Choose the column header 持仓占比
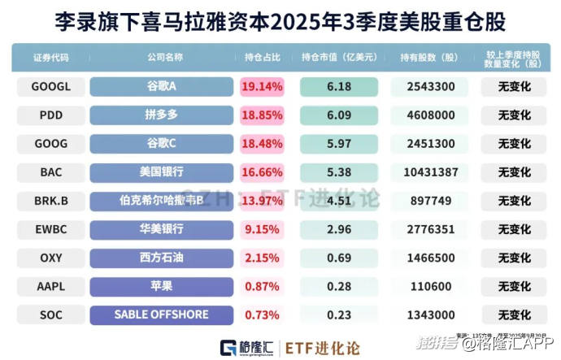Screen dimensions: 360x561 263,58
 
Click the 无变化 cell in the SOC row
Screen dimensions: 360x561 513,314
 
